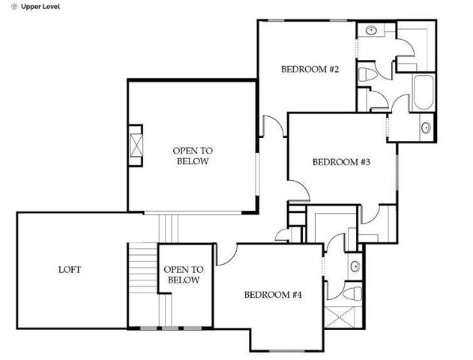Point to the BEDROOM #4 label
click(273, 295)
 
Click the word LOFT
click(70, 270)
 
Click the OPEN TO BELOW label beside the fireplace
click(192, 155)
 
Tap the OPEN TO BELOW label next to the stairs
click(184, 275)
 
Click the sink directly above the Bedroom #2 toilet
click(370, 31)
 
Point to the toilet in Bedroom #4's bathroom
click(356, 291)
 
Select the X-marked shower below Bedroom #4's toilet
click(343, 317)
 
